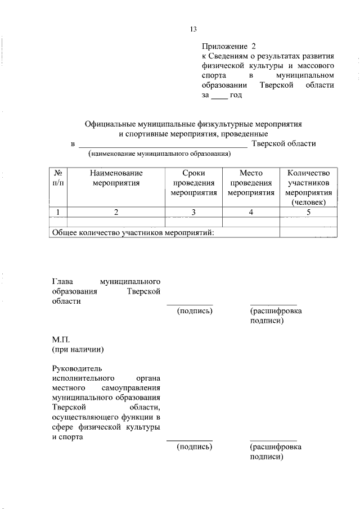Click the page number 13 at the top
pyautogui.click(x=193, y=30)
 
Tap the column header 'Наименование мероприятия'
pyautogui.click(x=116, y=178)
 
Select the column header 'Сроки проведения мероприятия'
pyautogui.click(x=193, y=183)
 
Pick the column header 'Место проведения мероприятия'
pyautogui.click(x=251, y=183)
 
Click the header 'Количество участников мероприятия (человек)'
pyautogui.click(x=308, y=187)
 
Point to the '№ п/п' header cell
pyautogui.click(x=58, y=178)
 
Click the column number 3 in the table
pyautogui.click(x=193, y=212)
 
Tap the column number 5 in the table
pyautogui.click(x=308, y=212)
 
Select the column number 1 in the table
pyautogui.click(x=58, y=212)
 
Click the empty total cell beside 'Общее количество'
pyautogui.click(x=308, y=232)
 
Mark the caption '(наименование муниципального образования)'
pyautogui.click(x=159, y=154)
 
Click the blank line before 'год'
pyautogui.click(x=219, y=96)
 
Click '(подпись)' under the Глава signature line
pyautogui.click(x=194, y=311)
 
